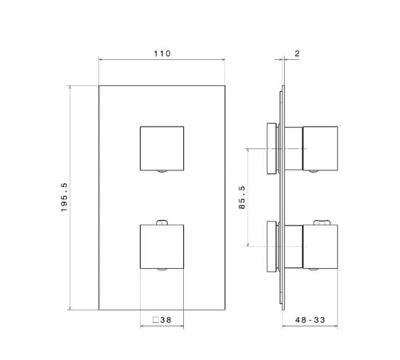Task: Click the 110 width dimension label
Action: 162,53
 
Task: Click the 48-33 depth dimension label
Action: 310,319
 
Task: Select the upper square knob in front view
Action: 162,148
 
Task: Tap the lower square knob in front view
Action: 162,247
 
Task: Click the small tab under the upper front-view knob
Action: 162,172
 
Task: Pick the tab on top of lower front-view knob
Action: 162,222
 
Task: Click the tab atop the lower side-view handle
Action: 323,222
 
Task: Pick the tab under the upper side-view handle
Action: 323,172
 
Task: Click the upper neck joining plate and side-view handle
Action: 292,148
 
